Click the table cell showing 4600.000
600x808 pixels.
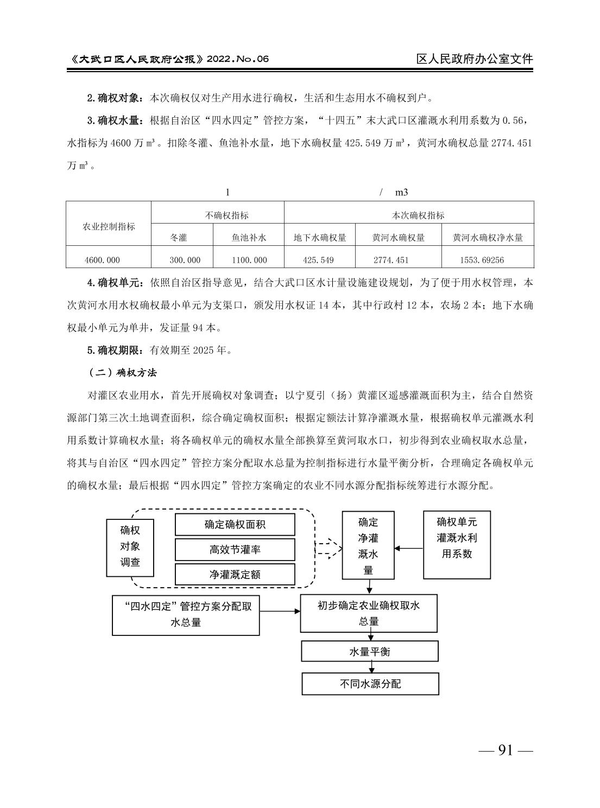[x=102, y=260]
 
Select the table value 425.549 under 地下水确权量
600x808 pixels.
[x=318, y=260]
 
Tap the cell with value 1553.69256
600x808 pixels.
[x=482, y=260]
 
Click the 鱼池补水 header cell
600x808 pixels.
[x=249, y=238]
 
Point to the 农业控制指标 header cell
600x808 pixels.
[x=109, y=226]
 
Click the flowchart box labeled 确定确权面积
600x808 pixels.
[x=235, y=525]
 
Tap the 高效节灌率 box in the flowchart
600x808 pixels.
[x=235, y=550]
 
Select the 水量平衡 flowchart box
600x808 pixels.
[x=370, y=651]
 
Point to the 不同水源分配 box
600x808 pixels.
[x=370, y=684]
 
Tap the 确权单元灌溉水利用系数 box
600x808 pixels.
[x=457, y=544]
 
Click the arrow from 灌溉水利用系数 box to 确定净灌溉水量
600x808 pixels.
[x=409, y=548]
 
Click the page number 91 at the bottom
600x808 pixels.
[x=505, y=750]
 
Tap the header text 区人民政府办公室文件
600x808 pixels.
[x=475, y=59]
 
